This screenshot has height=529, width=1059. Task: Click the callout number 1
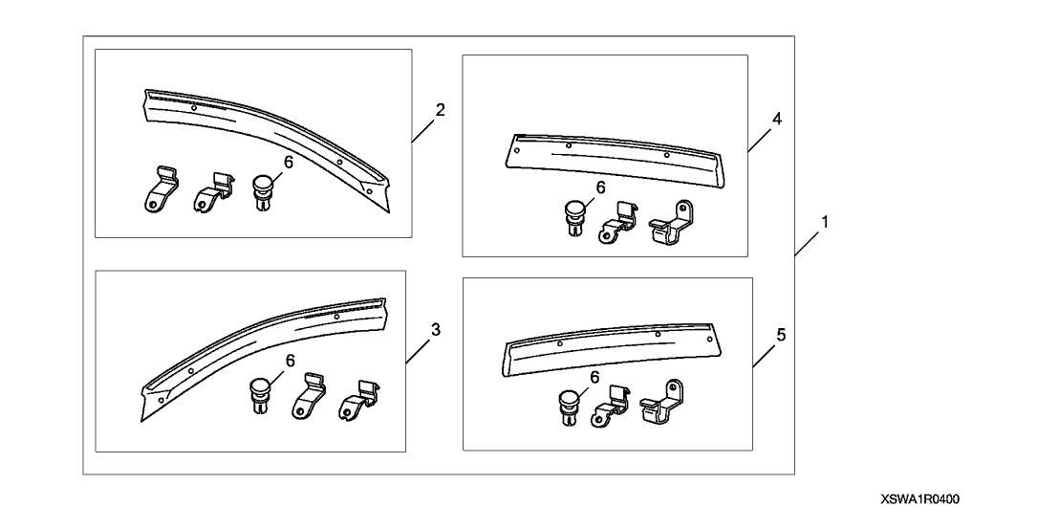[x=825, y=222]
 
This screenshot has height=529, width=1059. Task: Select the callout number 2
[x=441, y=110]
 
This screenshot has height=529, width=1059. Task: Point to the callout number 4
[x=777, y=120]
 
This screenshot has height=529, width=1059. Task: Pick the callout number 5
[x=782, y=336]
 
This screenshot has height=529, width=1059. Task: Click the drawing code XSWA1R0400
[x=919, y=500]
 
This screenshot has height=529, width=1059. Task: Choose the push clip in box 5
[x=571, y=405]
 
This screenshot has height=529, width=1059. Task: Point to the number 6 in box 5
[x=594, y=379]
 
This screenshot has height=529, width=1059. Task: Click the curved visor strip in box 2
[x=268, y=134]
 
